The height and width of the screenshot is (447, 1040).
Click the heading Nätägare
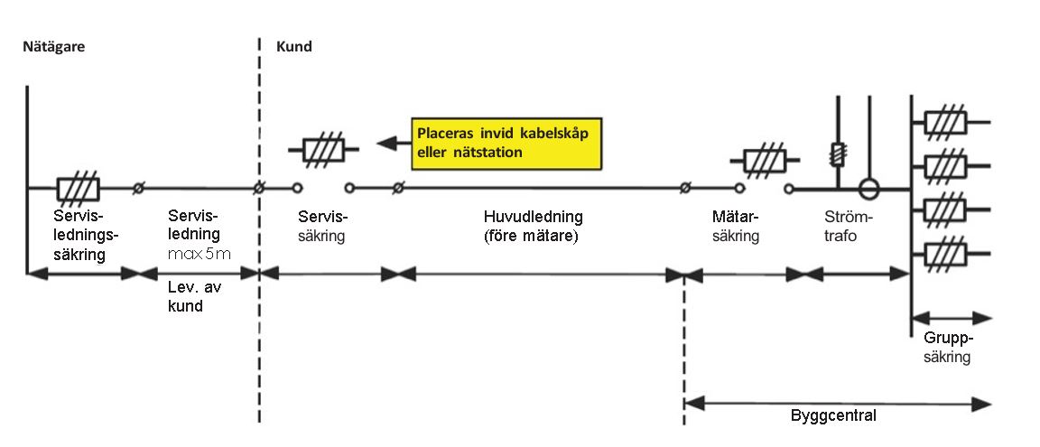(x=53, y=46)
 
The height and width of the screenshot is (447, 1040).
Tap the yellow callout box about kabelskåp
(x=507, y=144)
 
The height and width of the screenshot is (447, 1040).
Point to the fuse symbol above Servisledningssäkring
(x=77, y=188)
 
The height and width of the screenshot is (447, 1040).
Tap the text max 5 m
(x=200, y=254)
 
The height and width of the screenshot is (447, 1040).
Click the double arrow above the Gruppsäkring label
(x=952, y=317)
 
